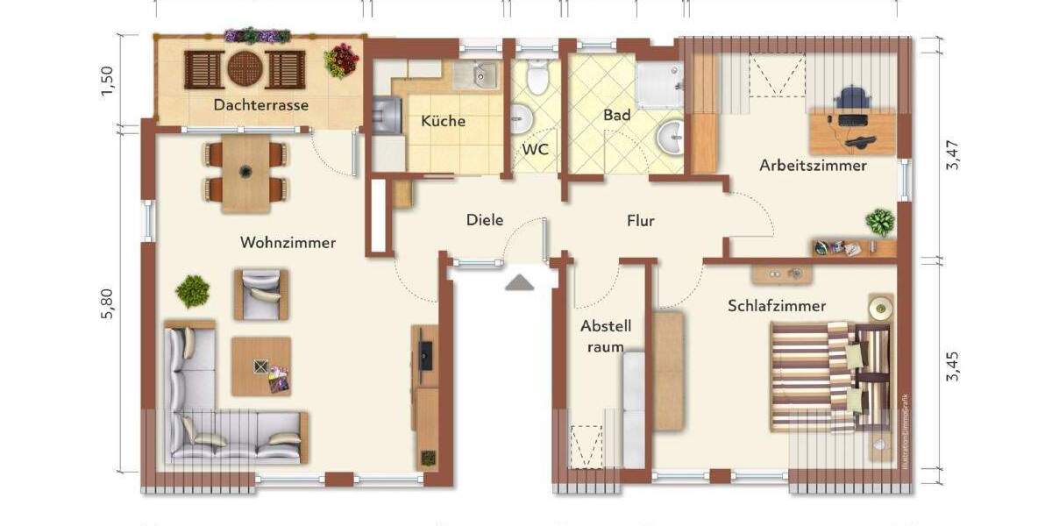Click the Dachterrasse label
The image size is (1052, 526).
260,105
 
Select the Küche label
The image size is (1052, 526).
443,122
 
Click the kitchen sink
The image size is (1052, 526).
480,77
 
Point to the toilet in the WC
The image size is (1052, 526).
537,79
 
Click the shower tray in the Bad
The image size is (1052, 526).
660,86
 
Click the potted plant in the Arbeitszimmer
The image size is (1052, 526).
879,221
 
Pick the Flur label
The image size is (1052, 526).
640,221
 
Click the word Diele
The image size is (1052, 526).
485,220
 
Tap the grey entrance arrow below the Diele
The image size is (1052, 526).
519,281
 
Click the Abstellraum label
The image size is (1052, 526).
605,336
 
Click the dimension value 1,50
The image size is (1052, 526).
107,82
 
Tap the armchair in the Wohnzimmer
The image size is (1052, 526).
260,294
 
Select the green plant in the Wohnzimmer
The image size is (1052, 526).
192,290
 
